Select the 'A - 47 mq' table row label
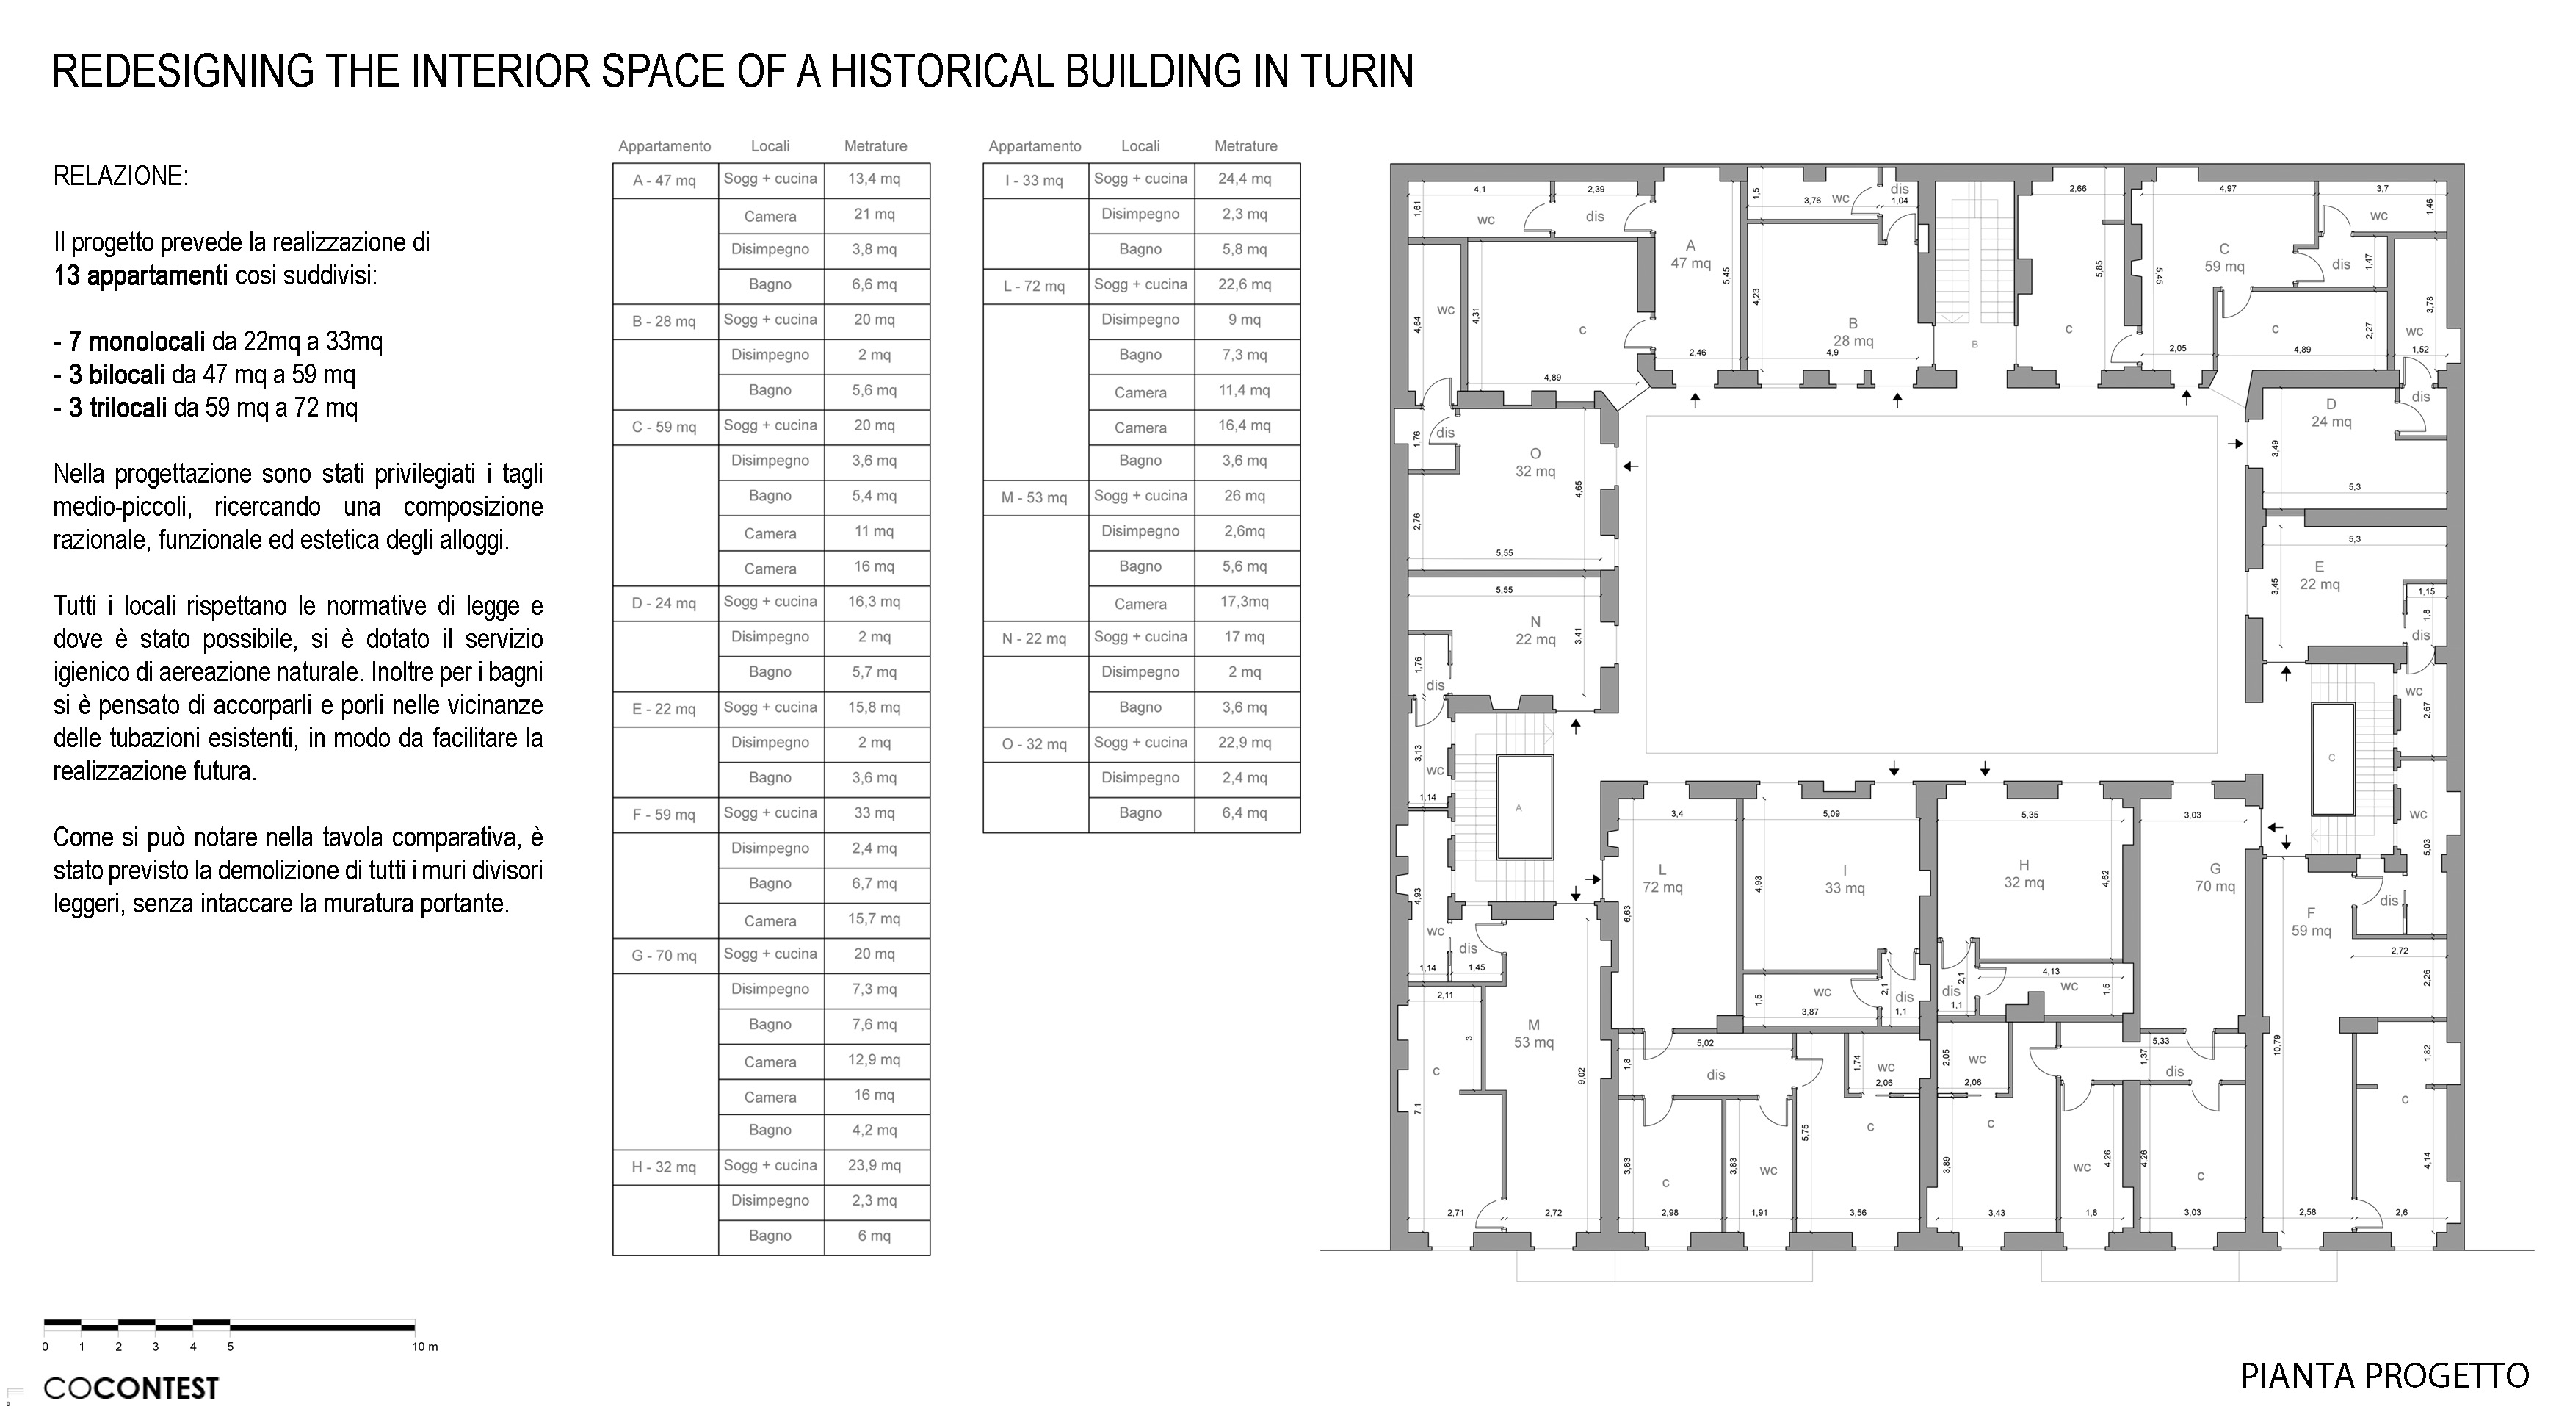pos(665,181)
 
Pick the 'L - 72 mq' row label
pos(1035,287)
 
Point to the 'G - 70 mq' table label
pos(665,956)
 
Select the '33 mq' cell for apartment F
pos(874,813)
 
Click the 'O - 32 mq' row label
pos(1035,744)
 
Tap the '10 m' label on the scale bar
pos(425,1347)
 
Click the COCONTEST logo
pos(131,1388)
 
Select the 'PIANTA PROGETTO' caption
pos(2384,1376)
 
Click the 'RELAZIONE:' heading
pos(120,176)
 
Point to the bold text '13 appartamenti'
pos(141,275)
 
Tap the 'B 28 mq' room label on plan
pos(1853,332)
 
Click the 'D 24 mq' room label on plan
pos(2331,413)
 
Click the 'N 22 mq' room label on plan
pos(1535,630)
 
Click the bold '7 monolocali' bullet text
pos(137,342)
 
